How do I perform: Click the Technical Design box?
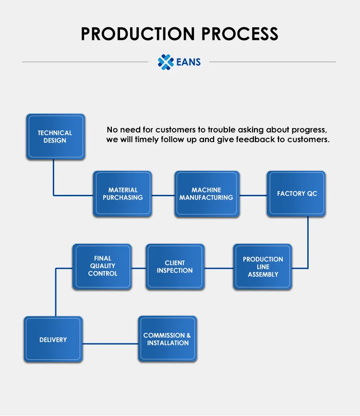pos(55,137)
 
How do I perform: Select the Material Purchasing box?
pos(122,193)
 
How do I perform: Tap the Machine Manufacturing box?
pos(206,193)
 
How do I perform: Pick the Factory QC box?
pos(296,193)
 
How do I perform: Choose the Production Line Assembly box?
pos(263,267)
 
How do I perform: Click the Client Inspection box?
pos(175,267)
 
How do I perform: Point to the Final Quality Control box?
pos(102,266)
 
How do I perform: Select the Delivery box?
pos(53,340)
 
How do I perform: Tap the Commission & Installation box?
pos(167,339)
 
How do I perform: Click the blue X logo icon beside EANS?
pos(165,62)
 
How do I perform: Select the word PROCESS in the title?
pos(240,34)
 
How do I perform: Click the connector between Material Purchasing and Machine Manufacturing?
pos(163,195)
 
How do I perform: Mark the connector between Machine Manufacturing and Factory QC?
pos(253,195)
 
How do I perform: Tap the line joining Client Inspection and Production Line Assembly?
pos(219,268)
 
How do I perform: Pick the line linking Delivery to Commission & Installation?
pos(110,344)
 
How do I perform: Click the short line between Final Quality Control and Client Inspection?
pos(139,268)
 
